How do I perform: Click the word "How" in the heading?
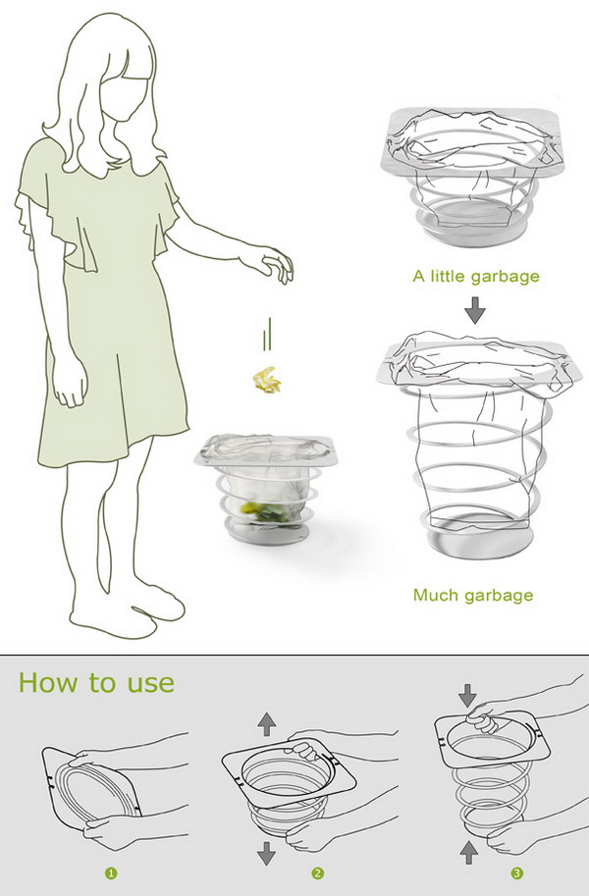click(x=50, y=683)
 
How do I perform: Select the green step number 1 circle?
click(x=111, y=873)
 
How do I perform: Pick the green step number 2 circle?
click(x=317, y=873)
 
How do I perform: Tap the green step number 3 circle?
click(x=516, y=873)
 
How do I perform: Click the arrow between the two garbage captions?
click(x=474, y=311)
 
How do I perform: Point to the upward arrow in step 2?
click(x=266, y=724)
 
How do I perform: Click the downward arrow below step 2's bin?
click(x=266, y=854)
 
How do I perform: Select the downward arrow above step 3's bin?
click(x=467, y=695)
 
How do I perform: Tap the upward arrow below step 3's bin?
click(x=469, y=852)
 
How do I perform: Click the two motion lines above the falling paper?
click(x=266, y=334)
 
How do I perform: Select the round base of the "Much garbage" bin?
click(x=479, y=540)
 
